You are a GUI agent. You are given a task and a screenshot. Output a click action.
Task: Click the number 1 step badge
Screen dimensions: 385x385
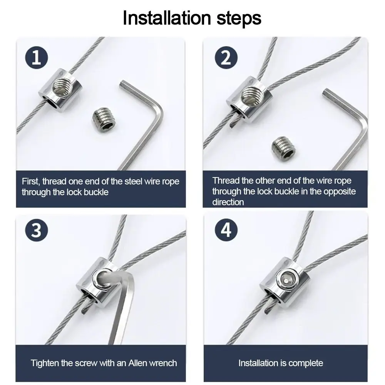pos(37,57)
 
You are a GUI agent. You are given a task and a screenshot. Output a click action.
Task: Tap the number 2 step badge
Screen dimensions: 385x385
pos(226,57)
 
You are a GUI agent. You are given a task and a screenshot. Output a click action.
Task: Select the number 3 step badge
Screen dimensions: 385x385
pos(37,230)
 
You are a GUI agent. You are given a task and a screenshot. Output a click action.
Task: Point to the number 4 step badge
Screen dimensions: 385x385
pos(226,230)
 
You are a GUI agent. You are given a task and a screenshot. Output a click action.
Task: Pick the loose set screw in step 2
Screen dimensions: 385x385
pos(284,148)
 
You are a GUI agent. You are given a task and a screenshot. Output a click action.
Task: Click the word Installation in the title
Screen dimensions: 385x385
pos(167,18)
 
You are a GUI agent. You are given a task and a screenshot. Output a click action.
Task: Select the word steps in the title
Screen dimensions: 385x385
pos(239,18)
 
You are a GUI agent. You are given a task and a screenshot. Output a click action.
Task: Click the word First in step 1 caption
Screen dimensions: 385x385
pos(31,181)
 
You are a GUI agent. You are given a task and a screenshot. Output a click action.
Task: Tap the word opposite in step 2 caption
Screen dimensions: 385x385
pos(339,191)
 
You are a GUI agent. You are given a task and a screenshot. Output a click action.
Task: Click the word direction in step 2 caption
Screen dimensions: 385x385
pos(228,202)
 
